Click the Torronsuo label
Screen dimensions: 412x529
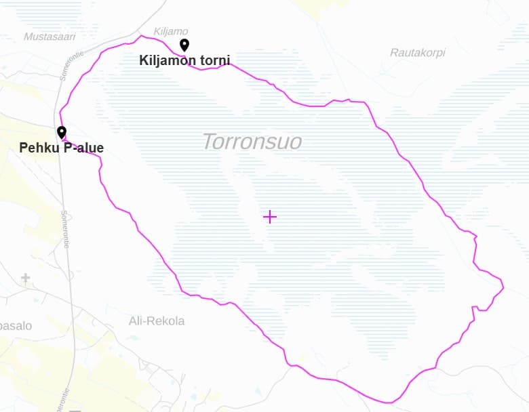(252, 142)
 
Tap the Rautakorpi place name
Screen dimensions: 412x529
(418, 52)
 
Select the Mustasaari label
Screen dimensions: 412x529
(50, 37)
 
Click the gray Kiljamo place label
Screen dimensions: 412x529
(171, 31)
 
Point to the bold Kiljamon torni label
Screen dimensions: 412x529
(184, 60)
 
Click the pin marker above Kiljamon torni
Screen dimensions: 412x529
(184, 45)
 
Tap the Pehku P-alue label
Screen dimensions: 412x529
(61, 148)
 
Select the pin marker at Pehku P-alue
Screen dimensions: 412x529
(62, 132)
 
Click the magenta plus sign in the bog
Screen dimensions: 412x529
(270, 217)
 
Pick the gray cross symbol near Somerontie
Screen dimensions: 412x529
(26, 278)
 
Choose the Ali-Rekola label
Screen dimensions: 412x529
(157, 321)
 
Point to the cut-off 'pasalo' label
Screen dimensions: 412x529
(15, 326)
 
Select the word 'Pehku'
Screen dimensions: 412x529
(39, 148)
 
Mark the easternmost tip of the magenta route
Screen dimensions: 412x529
(504, 287)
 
